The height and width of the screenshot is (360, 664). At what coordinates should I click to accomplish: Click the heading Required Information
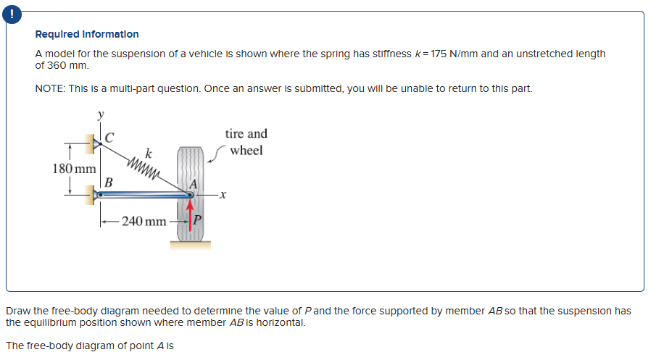87,34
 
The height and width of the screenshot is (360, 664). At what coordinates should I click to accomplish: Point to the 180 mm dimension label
75,168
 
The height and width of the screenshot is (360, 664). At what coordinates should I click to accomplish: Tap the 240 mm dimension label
144,220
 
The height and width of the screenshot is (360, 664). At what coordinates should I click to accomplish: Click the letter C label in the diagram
109,135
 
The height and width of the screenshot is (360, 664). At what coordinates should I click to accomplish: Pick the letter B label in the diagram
109,181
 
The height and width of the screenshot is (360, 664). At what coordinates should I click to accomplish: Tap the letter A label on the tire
194,184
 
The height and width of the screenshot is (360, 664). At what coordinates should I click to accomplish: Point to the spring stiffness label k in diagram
148,152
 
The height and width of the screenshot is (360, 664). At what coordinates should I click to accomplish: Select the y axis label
101,114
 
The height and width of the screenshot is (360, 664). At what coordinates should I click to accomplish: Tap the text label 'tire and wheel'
246,142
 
